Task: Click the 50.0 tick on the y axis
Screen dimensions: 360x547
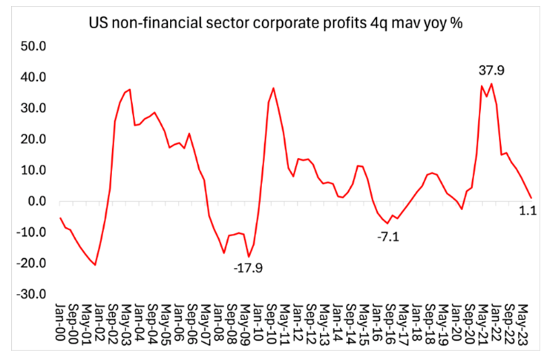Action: pos(33,46)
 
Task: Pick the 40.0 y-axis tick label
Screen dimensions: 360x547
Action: pos(33,77)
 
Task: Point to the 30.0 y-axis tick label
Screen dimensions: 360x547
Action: pos(33,108)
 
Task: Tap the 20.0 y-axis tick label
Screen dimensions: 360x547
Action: pos(33,140)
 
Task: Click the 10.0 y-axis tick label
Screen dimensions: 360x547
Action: pos(33,170)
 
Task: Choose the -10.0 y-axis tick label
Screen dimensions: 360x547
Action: pos(31,232)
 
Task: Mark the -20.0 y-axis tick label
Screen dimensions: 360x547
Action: pos(31,264)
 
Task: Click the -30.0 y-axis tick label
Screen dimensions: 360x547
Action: pos(31,295)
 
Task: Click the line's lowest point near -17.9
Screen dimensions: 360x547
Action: pos(249,257)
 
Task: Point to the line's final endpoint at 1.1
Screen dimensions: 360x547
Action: pos(531,197)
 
